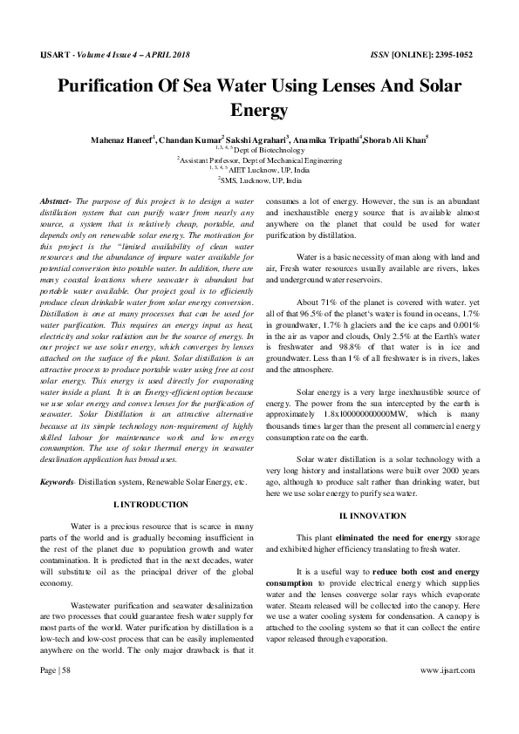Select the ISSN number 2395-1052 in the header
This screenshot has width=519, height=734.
(x=452, y=54)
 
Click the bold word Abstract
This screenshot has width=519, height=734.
(x=56, y=201)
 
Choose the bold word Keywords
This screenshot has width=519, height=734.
(x=59, y=482)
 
